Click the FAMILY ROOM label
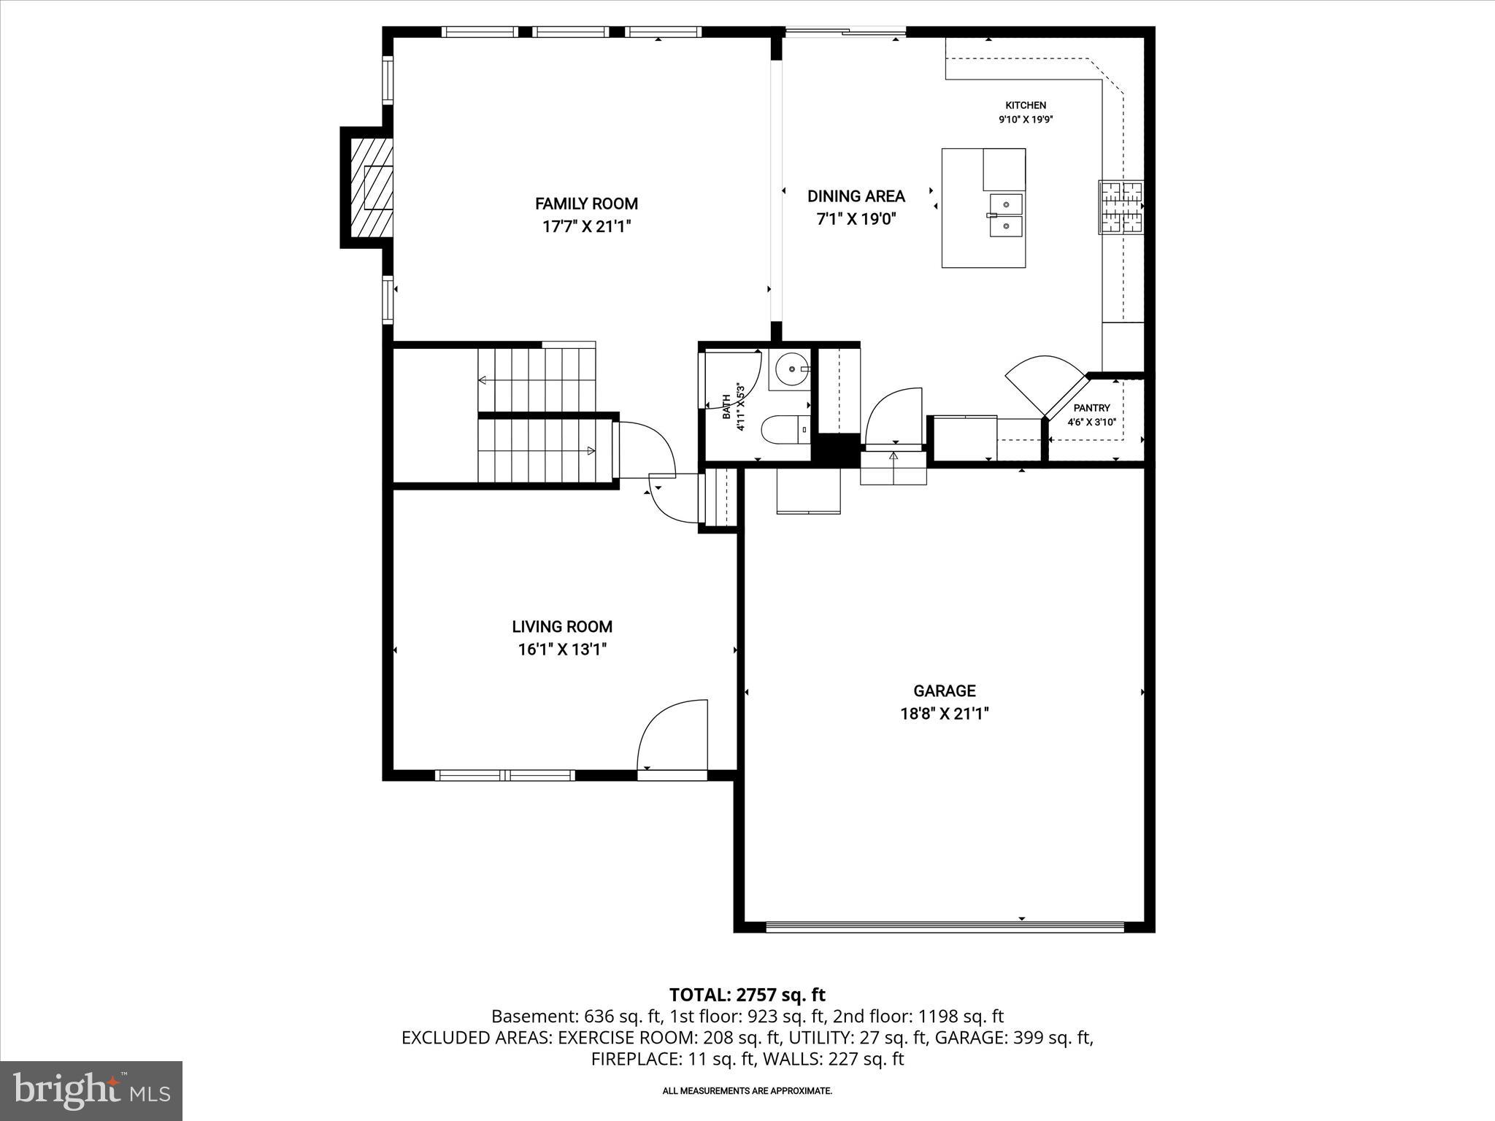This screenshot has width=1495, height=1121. click(x=586, y=204)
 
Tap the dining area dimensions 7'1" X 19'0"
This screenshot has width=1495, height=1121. click(x=856, y=218)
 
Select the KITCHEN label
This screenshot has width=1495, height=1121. click(x=1026, y=105)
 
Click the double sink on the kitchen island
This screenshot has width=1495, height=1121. click(x=1006, y=215)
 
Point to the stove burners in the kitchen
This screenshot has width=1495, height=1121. click(x=1121, y=207)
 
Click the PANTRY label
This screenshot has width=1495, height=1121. click(x=1091, y=408)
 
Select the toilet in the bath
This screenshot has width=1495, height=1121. click(x=785, y=430)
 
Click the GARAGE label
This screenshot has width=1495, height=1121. click(x=944, y=690)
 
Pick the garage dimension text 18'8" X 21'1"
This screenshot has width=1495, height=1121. click(x=944, y=714)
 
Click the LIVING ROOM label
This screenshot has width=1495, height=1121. click(x=562, y=626)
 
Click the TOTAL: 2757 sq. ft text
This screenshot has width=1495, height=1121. click(x=747, y=995)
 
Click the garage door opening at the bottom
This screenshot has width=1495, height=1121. click(x=945, y=927)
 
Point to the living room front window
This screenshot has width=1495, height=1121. click(x=505, y=775)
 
